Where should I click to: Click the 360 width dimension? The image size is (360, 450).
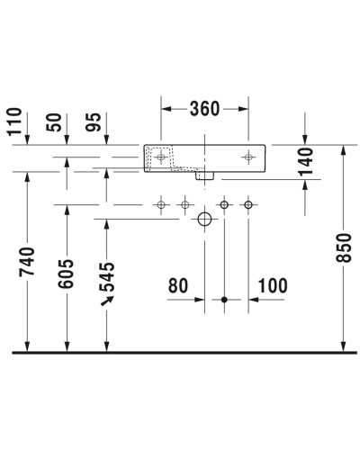tap(205, 109)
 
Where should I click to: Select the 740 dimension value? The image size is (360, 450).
tap(26, 261)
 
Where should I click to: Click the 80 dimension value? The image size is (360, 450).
tap(178, 286)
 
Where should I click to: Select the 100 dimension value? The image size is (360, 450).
tap(272, 286)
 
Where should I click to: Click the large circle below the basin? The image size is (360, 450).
tap(204, 220)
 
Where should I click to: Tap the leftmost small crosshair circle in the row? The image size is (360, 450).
tap(162, 206)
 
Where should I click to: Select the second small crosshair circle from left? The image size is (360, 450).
tap(184, 206)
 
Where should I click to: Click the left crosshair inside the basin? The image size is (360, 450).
tap(162, 157)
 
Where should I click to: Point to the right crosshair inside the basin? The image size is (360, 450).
tap(248, 157)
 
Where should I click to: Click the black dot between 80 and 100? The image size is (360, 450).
tap(224, 298)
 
